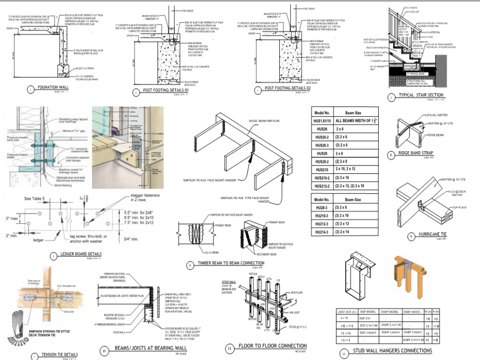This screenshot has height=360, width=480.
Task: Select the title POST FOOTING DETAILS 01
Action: click(163, 90)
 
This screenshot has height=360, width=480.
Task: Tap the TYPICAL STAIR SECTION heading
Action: click(421, 95)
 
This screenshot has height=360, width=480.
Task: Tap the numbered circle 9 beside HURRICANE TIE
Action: click(411, 236)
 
